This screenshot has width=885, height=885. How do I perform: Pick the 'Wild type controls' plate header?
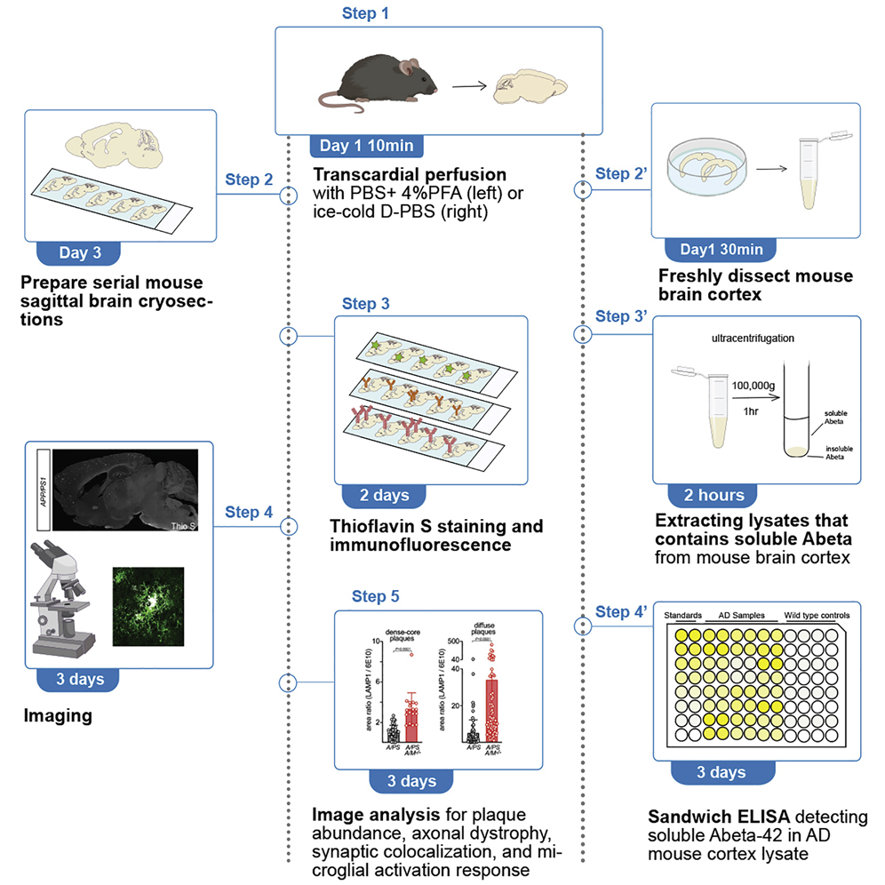(816, 615)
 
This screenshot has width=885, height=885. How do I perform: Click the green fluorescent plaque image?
(147, 604)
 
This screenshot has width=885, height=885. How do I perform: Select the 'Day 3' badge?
(81, 252)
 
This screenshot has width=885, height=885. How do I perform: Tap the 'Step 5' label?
(381, 596)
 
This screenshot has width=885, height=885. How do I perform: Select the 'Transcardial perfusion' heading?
(410, 175)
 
